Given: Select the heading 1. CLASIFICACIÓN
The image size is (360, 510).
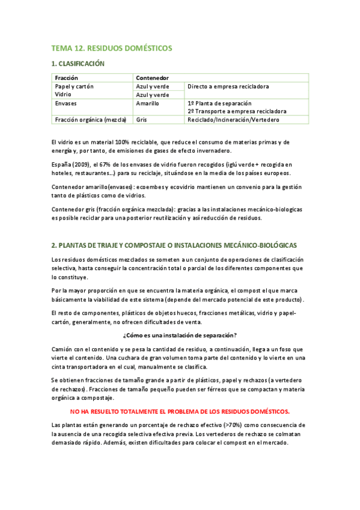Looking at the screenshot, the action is pyautogui.click(x=78, y=64).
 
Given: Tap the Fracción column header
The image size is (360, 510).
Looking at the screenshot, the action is pyautogui.click(x=66, y=78).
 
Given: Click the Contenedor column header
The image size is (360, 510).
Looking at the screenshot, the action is pyautogui.click(x=152, y=78).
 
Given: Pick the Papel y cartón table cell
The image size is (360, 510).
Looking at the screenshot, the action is pyautogui.click(x=74, y=87).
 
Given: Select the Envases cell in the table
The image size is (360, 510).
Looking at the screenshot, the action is pyautogui.click(x=66, y=103).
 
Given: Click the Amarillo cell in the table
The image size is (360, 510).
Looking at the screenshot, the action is pyautogui.click(x=147, y=103).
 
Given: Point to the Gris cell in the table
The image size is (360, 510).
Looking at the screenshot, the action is pyautogui.click(x=142, y=120).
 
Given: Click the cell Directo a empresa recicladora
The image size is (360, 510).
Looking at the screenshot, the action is pyautogui.click(x=228, y=87).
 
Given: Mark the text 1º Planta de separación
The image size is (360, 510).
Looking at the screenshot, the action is pyautogui.click(x=219, y=103).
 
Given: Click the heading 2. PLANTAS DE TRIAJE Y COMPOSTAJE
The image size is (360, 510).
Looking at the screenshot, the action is pyautogui.click(x=174, y=245).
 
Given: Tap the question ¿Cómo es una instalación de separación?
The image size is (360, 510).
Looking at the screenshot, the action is pyautogui.click(x=179, y=335).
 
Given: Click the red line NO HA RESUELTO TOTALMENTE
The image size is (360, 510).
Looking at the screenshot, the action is pyautogui.click(x=180, y=411).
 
